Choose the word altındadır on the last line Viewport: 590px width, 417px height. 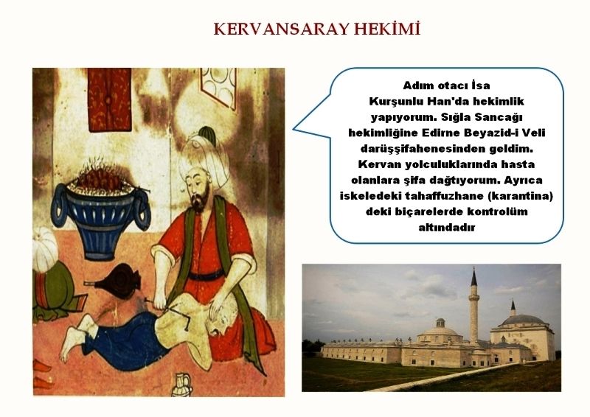447,227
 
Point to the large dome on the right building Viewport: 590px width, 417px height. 523,320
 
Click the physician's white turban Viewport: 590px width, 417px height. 204,158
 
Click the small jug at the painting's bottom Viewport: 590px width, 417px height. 182,384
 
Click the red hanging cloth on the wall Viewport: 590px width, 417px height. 109,99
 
